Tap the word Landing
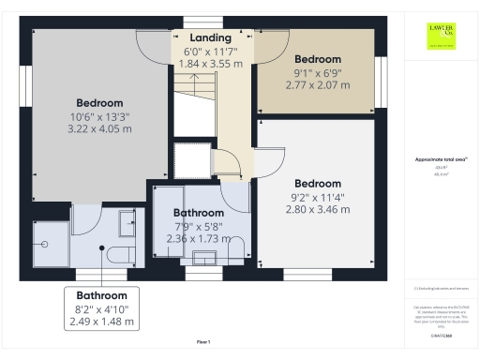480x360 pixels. (x=210, y=37)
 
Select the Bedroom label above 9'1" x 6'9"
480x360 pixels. (x=318, y=59)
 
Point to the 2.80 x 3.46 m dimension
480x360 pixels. (x=317, y=209)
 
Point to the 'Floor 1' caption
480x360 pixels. (x=203, y=342)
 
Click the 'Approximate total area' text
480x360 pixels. (x=440, y=160)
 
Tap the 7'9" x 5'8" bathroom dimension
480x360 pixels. (x=196, y=226)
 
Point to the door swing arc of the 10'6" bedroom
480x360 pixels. (x=152, y=42)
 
